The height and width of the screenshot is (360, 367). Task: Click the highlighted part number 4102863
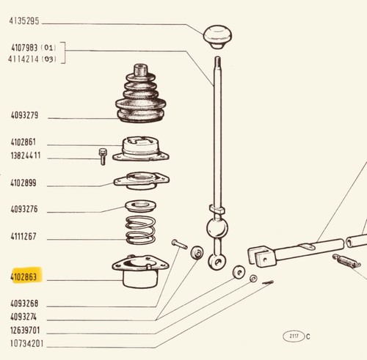[x=23, y=277]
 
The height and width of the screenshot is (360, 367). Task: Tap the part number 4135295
[x=24, y=21]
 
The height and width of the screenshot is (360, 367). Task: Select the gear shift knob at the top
[x=217, y=37]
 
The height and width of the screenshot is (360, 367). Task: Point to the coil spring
[x=140, y=230]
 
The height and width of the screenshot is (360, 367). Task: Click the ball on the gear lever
[x=217, y=228]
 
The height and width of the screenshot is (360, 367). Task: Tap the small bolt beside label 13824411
[x=103, y=157]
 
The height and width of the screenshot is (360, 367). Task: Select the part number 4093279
[x=24, y=115]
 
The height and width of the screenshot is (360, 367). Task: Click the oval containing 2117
[x=294, y=337]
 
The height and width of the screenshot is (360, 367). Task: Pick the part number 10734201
[x=26, y=344]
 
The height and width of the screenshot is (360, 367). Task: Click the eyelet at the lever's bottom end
[x=217, y=262]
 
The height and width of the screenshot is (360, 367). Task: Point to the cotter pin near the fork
[x=268, y=282]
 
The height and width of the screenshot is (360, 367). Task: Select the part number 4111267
[x=23, y=236]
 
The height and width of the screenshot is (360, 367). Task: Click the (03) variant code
[x=49, y=59]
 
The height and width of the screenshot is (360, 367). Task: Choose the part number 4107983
[x=24, y=48]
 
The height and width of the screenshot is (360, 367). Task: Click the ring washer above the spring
[x=140, y=206]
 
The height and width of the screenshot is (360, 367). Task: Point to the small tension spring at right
[x=346, y=261]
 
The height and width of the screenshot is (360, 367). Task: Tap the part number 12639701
[x=25, y=330]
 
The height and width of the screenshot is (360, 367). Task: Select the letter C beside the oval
[x=308, y=337]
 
